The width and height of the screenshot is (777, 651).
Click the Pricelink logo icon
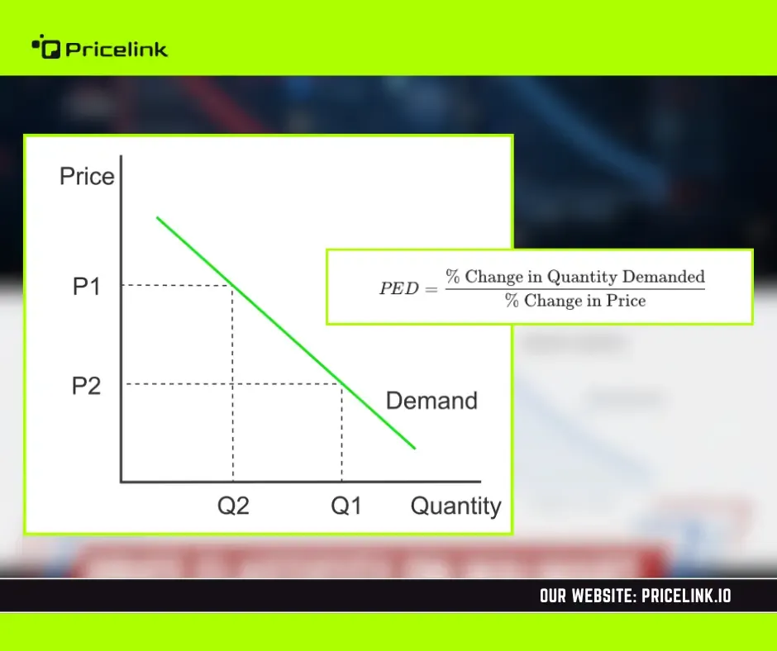(46, 46)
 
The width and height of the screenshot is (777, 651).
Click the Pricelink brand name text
(117, 50)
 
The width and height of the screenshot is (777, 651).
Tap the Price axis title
(87, 176)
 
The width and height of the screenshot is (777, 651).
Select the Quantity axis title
(456, 506)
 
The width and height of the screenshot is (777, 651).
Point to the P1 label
(87, 287)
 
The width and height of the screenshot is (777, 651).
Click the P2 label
(86, 386)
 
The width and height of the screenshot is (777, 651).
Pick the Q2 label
(233, 506)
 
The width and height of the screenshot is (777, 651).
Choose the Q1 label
(346, 506)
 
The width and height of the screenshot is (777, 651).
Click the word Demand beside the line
(431, 401)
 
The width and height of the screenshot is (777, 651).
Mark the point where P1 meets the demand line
(232, 285)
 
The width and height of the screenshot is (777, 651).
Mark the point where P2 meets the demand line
(342, 384)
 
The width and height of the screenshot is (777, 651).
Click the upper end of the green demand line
(158, 217)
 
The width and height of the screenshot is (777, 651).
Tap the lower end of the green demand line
(414, 448)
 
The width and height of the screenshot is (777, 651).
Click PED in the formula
(399, 288)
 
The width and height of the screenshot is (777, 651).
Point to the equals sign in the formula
(431, 289)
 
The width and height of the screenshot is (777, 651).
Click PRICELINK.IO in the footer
(686, 596)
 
